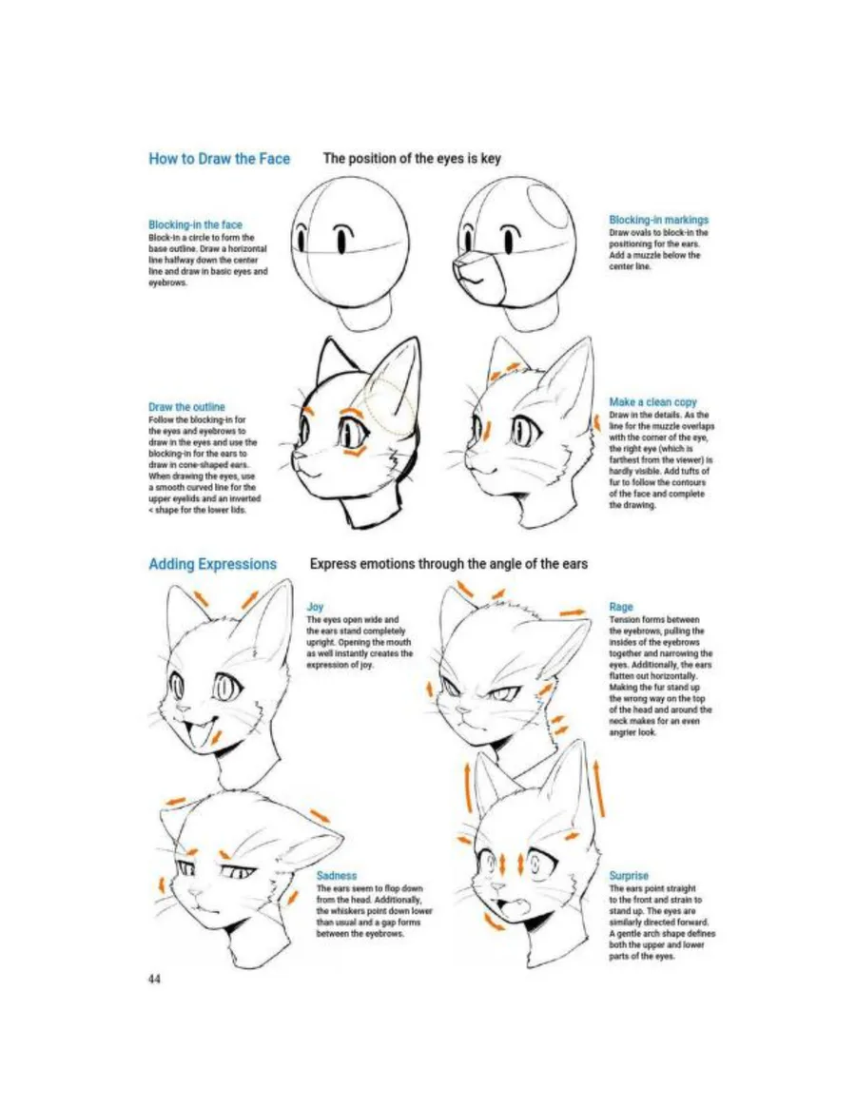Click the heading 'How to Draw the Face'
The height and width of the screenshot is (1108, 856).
pos(219,158)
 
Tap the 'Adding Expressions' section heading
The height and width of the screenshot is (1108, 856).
pos(212,564)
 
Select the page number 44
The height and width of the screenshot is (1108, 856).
pos(154,979)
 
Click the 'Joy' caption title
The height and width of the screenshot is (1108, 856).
pos(315,606)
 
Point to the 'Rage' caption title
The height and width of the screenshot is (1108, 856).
pos(621,606)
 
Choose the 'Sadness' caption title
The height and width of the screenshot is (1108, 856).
pos(337,876)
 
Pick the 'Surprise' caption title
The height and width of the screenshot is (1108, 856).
pos(629,876)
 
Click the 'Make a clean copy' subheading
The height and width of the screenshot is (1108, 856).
pos(652,402)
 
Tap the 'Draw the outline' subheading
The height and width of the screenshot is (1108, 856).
pos(186,407)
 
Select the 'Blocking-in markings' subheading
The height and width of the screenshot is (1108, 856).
pos(658,220)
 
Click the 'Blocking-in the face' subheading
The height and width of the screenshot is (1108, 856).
pos(195,224)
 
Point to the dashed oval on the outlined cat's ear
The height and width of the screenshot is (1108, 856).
pos(388,406)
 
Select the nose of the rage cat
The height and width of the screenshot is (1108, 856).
pos(463,709)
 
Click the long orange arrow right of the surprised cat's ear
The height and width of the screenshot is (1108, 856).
pos(598,787)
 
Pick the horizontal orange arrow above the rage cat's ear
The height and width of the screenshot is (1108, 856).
pos(574,612)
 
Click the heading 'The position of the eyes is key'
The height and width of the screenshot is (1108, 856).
pos(412,158)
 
